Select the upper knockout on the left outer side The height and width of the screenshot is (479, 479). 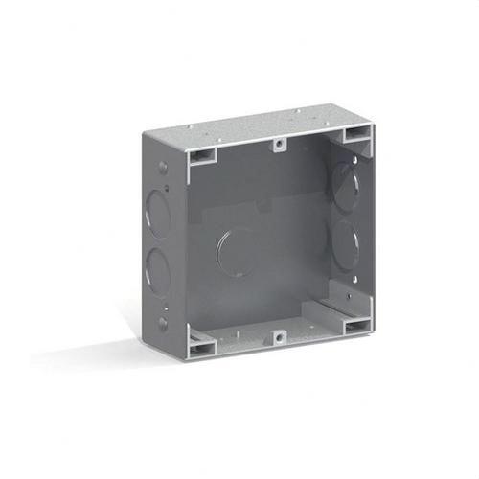(x=154, y=212)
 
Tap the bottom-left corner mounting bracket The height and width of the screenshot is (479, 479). (x=202, y=343)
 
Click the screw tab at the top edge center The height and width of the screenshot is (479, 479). (x=279, y=145)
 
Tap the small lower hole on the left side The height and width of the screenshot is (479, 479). (x=163, y=321)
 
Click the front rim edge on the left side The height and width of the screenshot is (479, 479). (x=185, y=249)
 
